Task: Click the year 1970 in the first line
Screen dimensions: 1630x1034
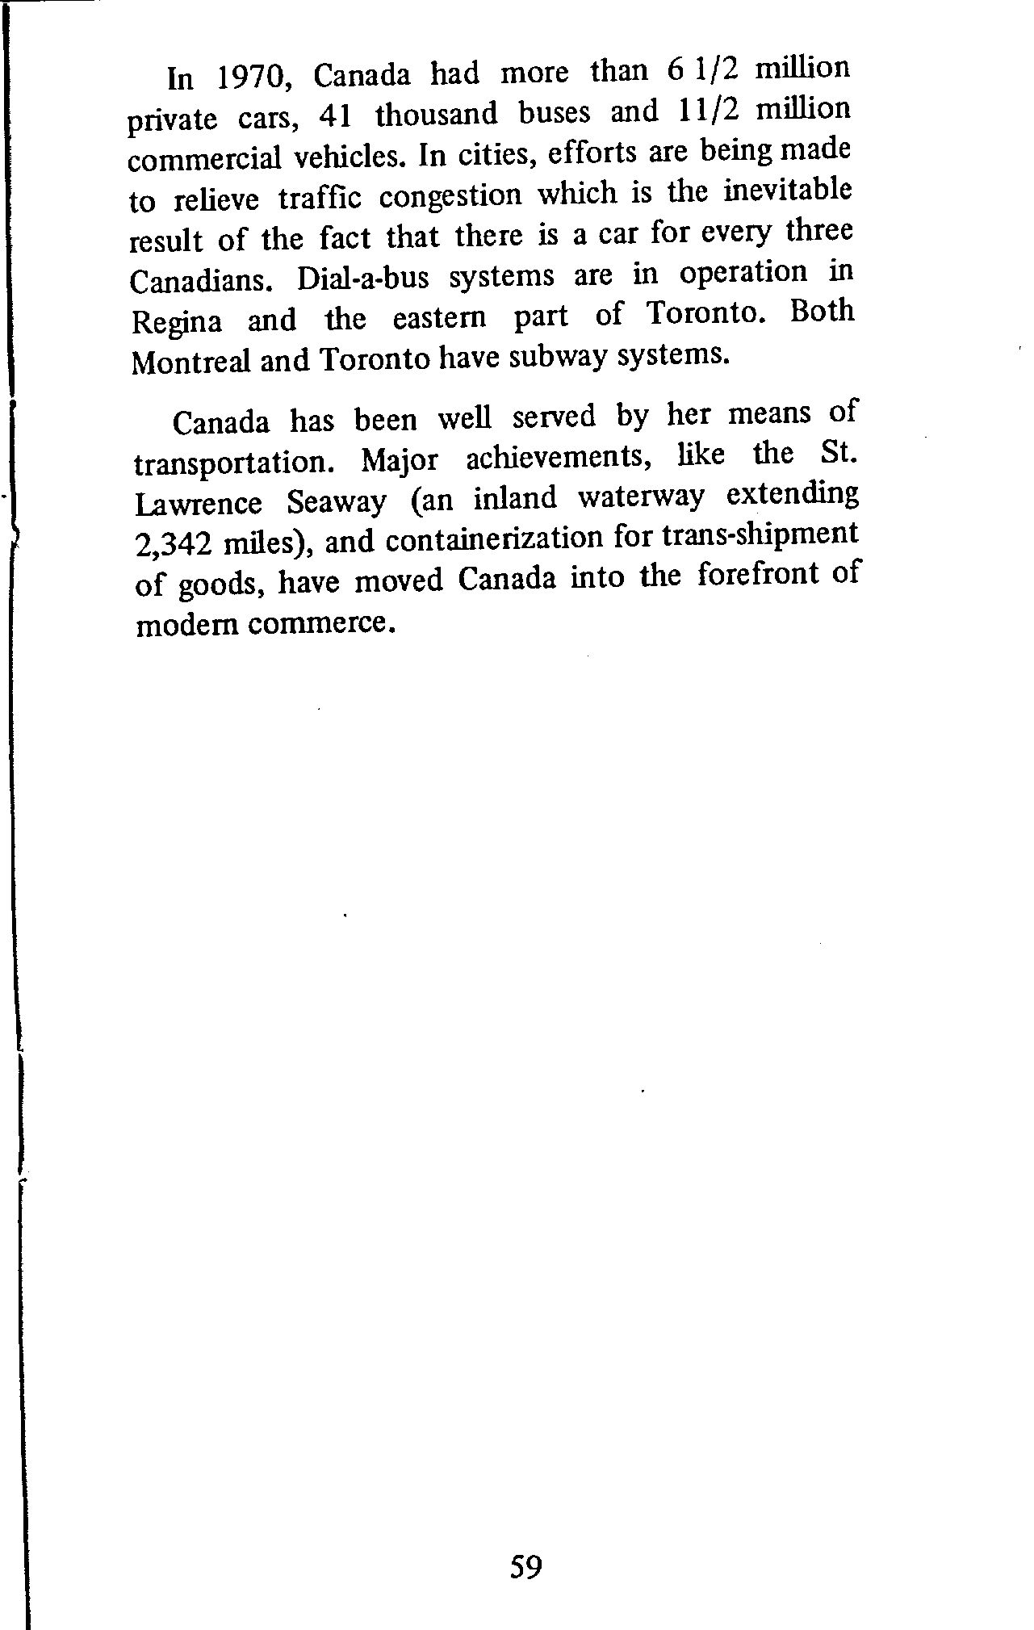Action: coord(249,78)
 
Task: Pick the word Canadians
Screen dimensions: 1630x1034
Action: coord(206,281)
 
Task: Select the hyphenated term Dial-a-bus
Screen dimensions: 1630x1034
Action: coord(363,278)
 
